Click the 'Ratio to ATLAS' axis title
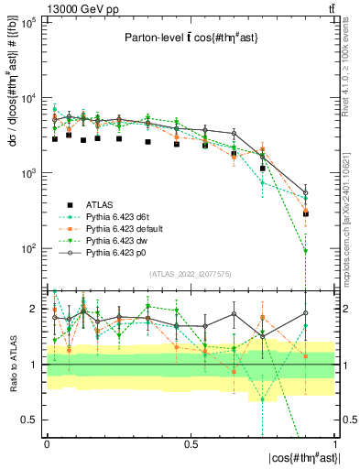click(x=11, y=365)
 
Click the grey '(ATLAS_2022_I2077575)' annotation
click(x=191, y=274)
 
